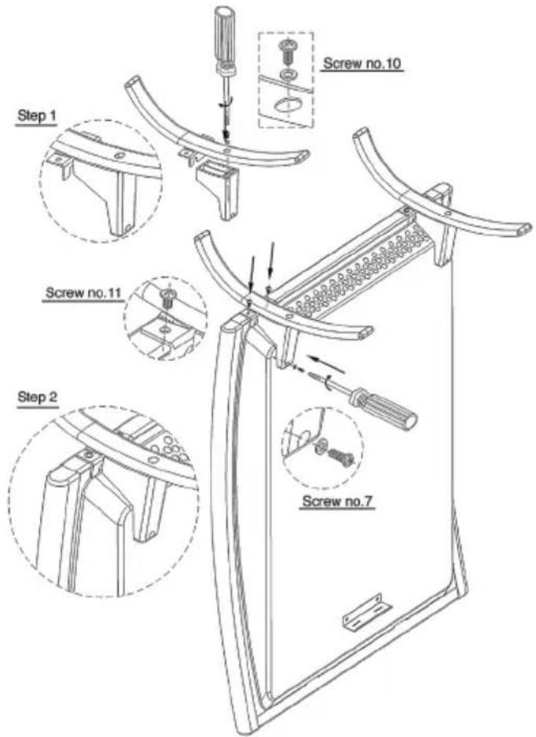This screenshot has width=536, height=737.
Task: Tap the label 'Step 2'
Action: pyautogui.click(x=38, y=396)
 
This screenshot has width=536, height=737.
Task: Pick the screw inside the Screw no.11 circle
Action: pyautogui.click(x=166, y=297)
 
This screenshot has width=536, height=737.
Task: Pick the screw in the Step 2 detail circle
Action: pyautogui.click(x=89, y=454)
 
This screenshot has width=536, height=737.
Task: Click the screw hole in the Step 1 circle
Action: pyautogui.click(x=119, y=156)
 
